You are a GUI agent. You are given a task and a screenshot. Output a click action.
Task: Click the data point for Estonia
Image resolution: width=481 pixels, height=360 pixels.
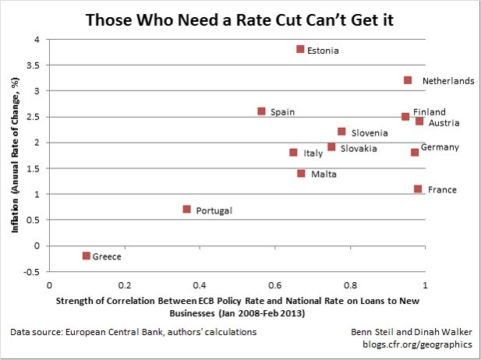click(x=300, y=49)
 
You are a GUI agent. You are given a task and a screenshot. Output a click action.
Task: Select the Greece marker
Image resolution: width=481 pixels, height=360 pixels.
click(x=86, y=256)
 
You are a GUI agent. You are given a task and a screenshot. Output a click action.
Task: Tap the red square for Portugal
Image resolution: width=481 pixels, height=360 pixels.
click(x=187, y=209)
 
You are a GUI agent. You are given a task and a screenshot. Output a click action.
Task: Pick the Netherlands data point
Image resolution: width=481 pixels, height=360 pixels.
click(x=408, y=80)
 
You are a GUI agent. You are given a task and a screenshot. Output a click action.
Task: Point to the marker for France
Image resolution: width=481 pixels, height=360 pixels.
click(x=418, y=189)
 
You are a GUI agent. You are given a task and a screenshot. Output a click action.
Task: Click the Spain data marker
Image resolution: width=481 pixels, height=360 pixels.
click(x=262, y=111)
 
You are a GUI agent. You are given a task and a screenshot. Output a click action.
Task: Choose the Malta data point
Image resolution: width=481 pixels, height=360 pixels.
click(x=302, y=173)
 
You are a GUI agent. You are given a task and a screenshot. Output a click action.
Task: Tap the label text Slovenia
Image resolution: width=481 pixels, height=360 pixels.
click(x=369, y=133)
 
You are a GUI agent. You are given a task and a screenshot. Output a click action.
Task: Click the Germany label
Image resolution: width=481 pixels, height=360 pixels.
click(x=440, y=147)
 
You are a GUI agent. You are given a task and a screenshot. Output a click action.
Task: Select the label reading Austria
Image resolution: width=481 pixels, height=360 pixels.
click(x=444, y=123)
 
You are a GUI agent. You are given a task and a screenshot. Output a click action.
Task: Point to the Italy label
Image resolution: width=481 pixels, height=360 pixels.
click(x=313, y=154)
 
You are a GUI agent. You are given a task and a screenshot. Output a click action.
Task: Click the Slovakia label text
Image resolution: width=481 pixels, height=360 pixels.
click(x=359, y=148)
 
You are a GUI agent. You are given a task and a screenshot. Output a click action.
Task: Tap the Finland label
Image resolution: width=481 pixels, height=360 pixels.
click(x=430, y=112)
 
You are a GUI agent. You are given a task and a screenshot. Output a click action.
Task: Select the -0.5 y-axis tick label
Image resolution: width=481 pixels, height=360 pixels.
click(x=32, y=271)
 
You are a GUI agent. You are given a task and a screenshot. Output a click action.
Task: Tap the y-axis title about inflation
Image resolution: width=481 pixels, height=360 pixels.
click(x=14, y=157)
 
